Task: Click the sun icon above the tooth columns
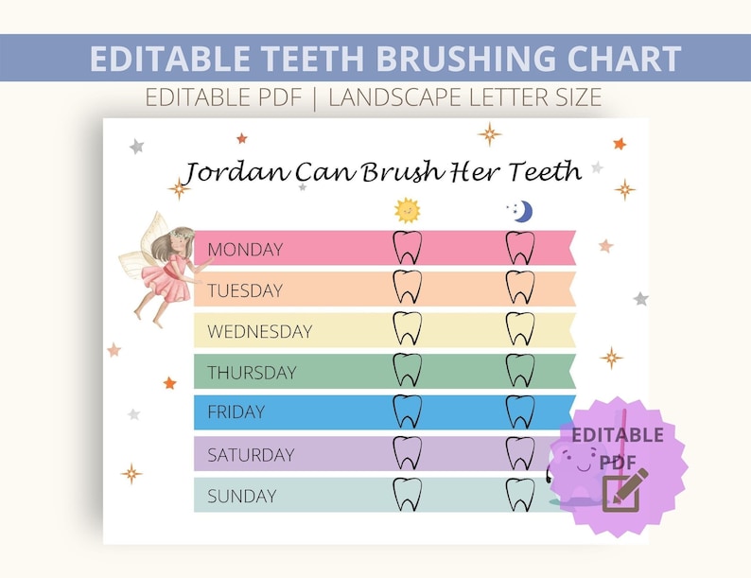pyautogui.click(x=407, y=209)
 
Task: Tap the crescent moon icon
pyautogui.click(x=521, y=211)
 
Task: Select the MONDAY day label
pyautogui.click(x=245, y=250)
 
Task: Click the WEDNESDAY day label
pyautogui.click(x=259, y=332)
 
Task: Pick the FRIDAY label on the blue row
pyautogui.click(x=236, y=412)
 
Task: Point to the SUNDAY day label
pyautogui.click(x=241, y=496)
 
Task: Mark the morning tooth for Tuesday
pyautogui.click(x=407, y=288)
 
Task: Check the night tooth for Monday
pyautogui.click(x=520, y=248)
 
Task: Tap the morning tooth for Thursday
pyautogui.click(x=407, y=370)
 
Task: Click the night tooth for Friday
pyautogui.click(x=520, y=412)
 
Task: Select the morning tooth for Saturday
pyautogui.click(x=407, y=453)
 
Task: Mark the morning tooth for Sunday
pyautogui.click(x=407, y=495)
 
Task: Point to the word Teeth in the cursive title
pyautogui.click(x=544, y=171)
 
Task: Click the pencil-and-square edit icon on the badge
pyautogui.click(x=624, y=490)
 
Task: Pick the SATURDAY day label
pyautogui.click(x=251, y=455)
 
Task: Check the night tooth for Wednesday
pyautogui.click(x=520, y=329)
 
